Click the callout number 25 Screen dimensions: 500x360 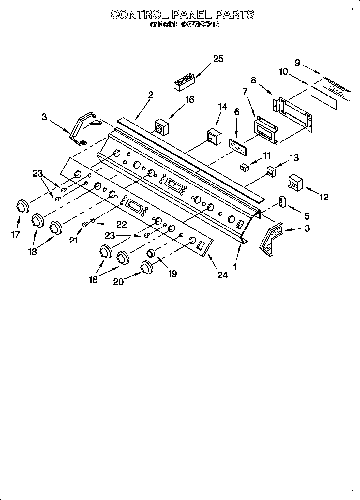coord(218,59)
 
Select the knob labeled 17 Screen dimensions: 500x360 coord(22,207)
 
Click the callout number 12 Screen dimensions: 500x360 coord(324,197)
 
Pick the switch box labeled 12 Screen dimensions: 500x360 coord(295,183)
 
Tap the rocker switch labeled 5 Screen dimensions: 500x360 coord(282,202)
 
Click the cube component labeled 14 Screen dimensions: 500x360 coord(214,137)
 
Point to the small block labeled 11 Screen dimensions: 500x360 coord(244,168)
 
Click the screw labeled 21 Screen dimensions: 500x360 coord(85,224)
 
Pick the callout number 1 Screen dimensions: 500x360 coord(235,267)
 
